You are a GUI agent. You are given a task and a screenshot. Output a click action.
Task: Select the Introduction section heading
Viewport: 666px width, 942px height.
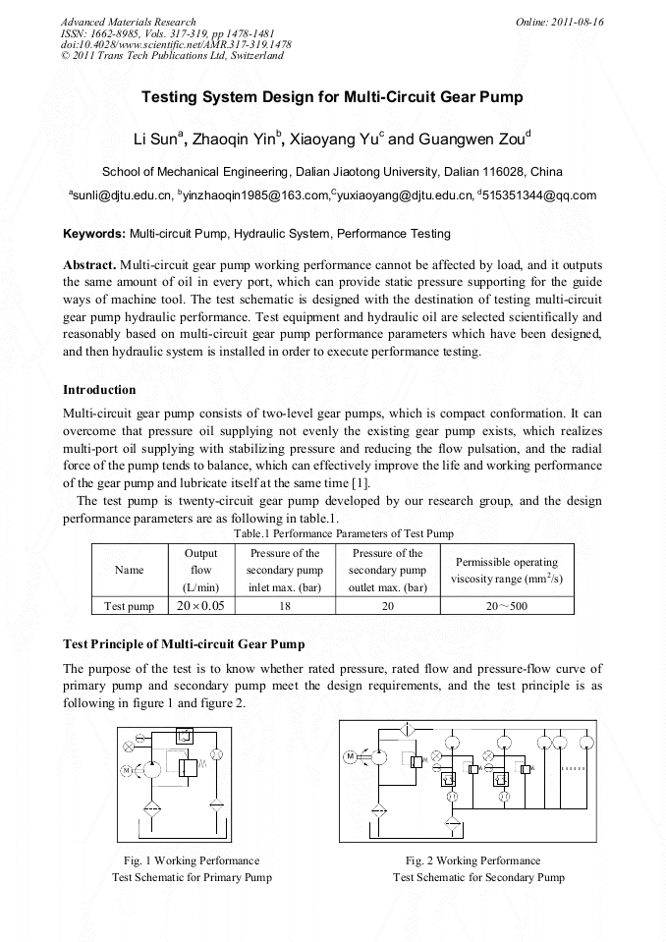click(99, 390)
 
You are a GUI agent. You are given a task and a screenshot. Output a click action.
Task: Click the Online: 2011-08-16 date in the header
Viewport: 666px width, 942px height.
click(559, 22)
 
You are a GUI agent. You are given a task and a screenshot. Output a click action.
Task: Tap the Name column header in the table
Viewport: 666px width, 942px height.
click(129, 570)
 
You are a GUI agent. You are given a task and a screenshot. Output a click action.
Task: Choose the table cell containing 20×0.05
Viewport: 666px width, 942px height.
click(200, 606)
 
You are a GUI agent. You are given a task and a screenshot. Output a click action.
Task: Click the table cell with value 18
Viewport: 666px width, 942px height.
click(284, 606)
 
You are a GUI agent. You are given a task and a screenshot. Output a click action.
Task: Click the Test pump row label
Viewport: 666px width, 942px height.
click(129, 606)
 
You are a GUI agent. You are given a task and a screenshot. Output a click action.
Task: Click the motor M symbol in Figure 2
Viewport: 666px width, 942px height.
click(350, 756)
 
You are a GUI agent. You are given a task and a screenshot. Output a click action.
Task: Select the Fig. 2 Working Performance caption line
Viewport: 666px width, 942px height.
click(472, 860)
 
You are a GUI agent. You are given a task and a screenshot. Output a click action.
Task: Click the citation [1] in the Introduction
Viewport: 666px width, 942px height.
click(360, 483)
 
